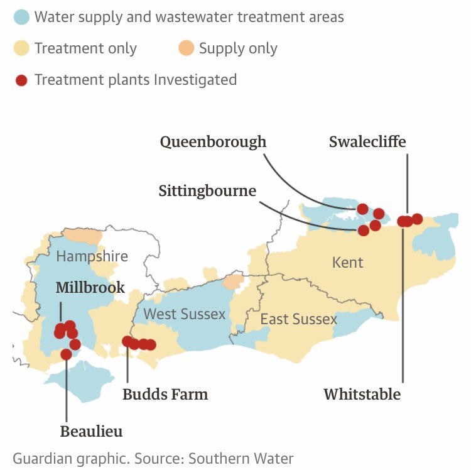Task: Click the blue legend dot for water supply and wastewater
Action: point(21,17)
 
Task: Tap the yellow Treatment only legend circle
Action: point(21,48)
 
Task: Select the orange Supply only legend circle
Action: point(186,48)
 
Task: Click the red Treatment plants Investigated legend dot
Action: point(21,80)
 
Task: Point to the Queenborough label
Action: point(213,142)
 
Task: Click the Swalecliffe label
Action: point(367,142)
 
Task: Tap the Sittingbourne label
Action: point(207,190)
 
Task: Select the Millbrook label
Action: point(90,288)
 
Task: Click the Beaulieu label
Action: point(91,432)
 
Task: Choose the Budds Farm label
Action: point(165,395)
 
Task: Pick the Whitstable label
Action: point(362,395)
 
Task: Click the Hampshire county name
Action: point(92,256)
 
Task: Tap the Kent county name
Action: point(347,262)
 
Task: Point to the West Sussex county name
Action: point(184,314)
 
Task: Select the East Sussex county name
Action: point(298,319)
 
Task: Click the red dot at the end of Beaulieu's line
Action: point(66,354)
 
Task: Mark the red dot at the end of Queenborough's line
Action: point(362,209)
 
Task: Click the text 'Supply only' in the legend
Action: point(238,48)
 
